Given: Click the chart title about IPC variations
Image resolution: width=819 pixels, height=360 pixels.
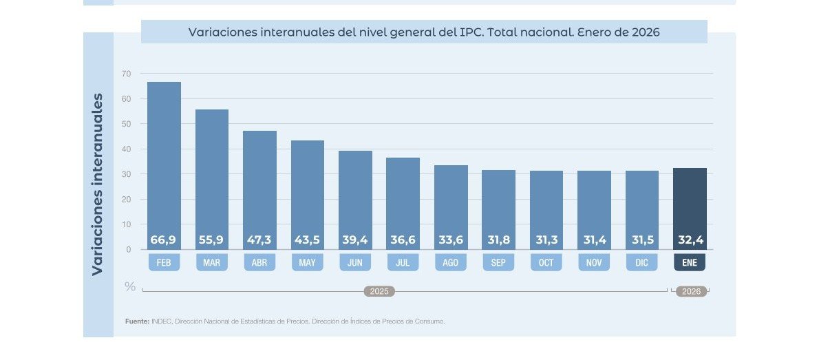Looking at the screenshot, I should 424,32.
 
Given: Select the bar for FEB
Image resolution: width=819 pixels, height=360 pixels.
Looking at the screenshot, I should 164,158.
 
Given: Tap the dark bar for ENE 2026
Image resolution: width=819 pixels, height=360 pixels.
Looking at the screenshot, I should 690,203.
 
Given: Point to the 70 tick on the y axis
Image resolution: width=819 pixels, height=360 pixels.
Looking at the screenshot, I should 126,74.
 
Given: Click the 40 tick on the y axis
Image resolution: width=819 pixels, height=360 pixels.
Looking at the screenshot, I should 126,149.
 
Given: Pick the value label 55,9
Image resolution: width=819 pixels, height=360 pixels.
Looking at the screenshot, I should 211,240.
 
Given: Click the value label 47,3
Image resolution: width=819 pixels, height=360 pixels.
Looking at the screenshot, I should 259,240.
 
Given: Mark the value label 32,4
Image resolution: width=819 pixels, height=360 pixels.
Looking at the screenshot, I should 690,240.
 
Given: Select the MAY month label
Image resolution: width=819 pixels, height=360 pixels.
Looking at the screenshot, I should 307,263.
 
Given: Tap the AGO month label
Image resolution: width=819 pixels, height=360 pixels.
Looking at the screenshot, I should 451,263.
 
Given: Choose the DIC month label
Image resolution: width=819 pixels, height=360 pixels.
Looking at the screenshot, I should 642,263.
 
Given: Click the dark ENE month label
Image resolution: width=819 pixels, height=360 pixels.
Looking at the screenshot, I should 690,263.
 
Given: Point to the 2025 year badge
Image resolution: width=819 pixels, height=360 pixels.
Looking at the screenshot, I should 379,292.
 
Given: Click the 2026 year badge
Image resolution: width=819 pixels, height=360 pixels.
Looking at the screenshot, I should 691,292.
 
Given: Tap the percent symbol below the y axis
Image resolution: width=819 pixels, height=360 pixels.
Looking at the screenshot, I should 130,286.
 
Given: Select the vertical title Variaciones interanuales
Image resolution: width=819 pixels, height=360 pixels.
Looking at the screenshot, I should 98,184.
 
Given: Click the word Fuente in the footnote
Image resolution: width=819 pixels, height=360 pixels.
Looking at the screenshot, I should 137,321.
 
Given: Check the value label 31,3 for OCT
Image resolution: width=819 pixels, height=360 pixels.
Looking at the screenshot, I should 546,240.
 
